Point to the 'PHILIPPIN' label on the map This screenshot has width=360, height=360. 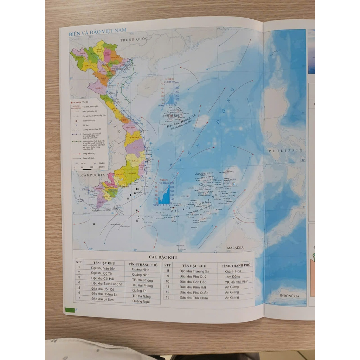point(290,150)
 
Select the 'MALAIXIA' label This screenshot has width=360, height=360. point(235,247)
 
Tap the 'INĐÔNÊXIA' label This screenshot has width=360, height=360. point(288,296)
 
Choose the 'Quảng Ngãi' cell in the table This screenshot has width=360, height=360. point(142,301)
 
